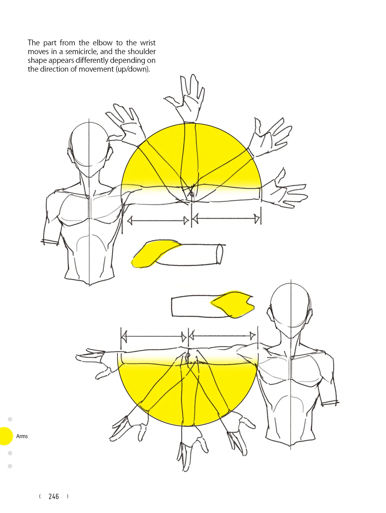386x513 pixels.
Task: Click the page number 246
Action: [x=54, y=496]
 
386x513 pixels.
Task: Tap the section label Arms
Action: [x=22, y=436]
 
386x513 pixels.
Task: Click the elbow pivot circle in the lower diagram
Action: [x=188, y=355]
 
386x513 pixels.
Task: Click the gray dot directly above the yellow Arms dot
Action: [x=10, y=419]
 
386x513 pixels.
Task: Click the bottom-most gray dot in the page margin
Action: [x=10, y=466]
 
